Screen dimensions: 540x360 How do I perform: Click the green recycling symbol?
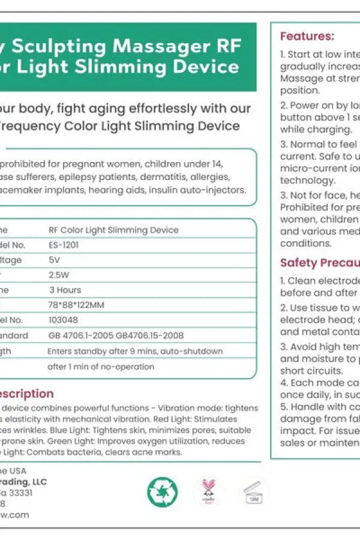(163, 492)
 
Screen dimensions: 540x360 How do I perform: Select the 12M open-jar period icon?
(253, 492)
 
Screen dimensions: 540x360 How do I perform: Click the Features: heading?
(307, 37)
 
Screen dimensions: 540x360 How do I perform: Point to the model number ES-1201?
(64, 245)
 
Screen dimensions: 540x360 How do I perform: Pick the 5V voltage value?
(54, 260)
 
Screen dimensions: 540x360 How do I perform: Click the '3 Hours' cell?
(65, 290)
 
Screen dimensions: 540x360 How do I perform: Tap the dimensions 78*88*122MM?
(76, 305)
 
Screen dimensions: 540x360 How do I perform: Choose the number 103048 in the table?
(63, 320)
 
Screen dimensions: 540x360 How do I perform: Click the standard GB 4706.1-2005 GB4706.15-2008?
(116, 335)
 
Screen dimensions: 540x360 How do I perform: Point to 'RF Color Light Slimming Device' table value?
(113, 230)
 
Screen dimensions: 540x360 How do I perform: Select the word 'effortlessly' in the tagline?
(167, 109)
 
